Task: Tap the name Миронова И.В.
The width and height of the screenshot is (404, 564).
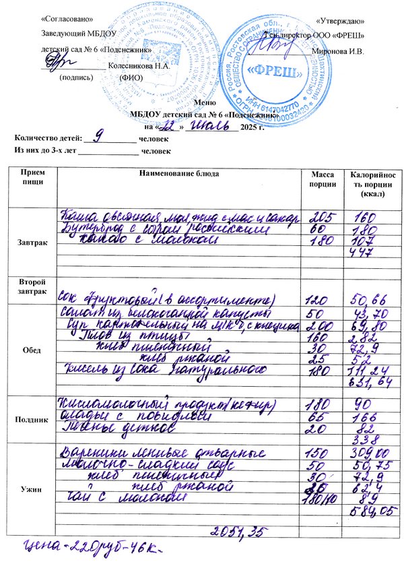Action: pos(339,52)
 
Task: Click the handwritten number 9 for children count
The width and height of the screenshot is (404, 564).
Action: pos(100,136)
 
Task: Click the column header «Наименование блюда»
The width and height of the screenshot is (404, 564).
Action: pos(178,174)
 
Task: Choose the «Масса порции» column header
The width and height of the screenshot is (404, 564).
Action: pos(318,179)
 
